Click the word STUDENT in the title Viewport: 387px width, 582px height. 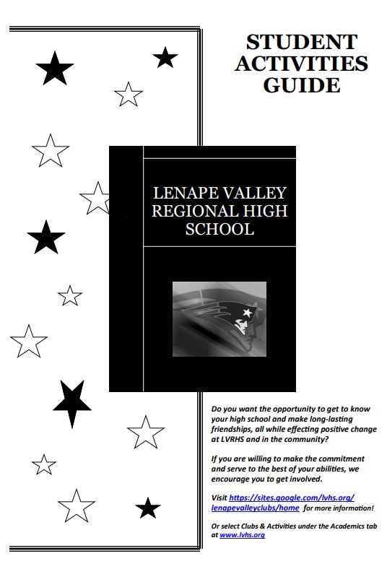[x=301, y=41]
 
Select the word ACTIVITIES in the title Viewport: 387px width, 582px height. [x=301, y=64]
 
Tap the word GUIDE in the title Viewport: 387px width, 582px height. [x=301, y=85]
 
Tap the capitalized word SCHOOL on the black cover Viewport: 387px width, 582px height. [x=219, y=230]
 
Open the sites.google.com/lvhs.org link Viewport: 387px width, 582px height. [x=292, y=498]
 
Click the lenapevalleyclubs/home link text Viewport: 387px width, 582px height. [x=255, y=508]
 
